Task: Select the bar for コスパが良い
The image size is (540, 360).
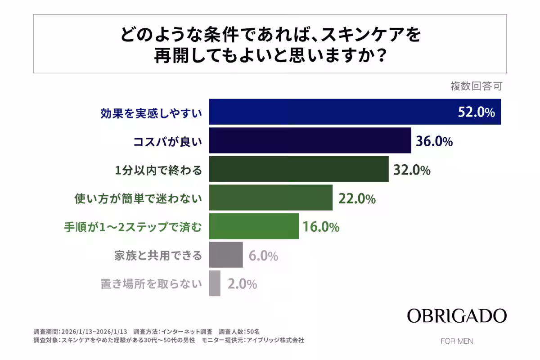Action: (310, 140)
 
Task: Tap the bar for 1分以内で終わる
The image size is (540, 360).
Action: (299, 169)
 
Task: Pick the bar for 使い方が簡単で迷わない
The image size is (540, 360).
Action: (271, 198)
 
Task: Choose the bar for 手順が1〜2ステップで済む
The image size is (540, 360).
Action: (254, 226)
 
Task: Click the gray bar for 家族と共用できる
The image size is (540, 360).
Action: (226, 255)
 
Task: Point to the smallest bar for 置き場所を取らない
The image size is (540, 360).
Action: (215, 283)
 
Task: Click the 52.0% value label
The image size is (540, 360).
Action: (476, 112)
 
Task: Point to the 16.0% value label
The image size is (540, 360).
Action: (320, 227)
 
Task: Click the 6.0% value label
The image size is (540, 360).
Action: (263, 256)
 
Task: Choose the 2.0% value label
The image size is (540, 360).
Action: (242, 284)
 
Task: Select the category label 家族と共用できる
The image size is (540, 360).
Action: (158, 256)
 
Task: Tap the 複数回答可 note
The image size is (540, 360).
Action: (476, 86)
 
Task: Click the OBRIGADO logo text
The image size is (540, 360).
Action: (457, 316)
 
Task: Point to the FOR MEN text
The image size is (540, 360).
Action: (457, 341)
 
